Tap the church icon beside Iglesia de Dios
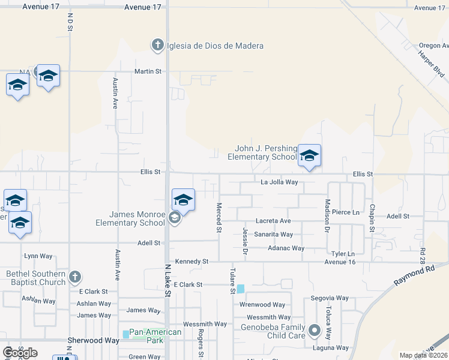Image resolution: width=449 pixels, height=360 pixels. tap(157, 44)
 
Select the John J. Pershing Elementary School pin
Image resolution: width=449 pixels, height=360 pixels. tap(309, 155)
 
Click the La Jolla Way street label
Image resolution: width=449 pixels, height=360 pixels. tap(279, 182)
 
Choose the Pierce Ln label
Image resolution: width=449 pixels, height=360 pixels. tap(346, 212)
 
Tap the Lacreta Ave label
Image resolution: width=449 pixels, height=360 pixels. tap(273, 221)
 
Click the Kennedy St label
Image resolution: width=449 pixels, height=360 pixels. tap(191, 262)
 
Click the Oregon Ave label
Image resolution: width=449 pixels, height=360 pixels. tap(433, 46)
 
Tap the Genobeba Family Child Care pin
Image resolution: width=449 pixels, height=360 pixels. tap(314, 331)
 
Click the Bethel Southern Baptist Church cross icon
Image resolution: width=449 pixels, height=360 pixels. tap(74, 277)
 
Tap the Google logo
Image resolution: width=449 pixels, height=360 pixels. tap(20, 353)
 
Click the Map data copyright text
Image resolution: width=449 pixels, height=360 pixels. tap(423, 355)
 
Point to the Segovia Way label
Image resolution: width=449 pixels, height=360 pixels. tap(330, 298)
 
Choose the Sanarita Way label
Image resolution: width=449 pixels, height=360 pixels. tap(273, 235)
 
